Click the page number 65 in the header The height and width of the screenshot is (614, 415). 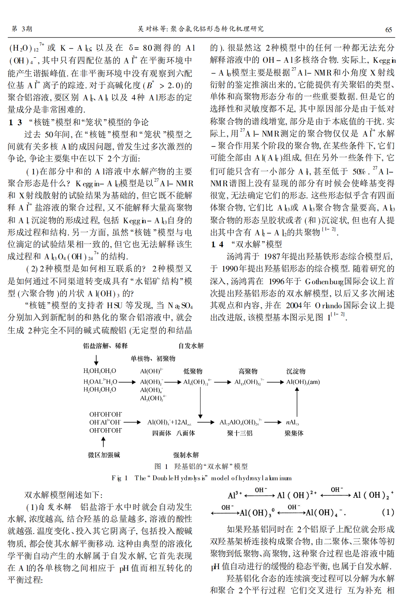tap(388, 29)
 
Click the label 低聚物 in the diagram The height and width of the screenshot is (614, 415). tap(193, 371)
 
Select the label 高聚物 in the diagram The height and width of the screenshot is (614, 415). tap(248, 371)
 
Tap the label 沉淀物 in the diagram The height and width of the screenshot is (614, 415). tap(295, 371)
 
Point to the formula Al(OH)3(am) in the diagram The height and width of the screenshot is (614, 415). tap(303, 382)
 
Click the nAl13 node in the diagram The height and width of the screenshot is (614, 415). tap(292, 422)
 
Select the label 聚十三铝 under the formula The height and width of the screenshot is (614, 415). tap(239, 433)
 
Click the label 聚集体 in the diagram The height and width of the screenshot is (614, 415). tap(294, 433)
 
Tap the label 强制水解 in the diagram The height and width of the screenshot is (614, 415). tap(186, 455)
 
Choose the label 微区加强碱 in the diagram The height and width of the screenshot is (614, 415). tap(104, 455)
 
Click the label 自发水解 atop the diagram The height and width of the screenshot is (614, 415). tap(191, 346)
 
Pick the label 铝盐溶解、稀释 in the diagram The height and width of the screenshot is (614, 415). tap(105, 346)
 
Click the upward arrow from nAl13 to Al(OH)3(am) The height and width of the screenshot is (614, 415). tap(297, 401)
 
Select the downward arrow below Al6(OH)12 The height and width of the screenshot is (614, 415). tap(200, 402)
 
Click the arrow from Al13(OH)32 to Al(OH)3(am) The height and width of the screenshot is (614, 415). tap(275, 382)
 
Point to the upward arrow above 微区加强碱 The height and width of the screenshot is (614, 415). tap(103, 441)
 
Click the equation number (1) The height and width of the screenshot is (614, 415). tap(388, 512)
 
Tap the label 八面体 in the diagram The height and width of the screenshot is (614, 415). tap(186, 433)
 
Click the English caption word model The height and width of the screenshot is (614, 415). tap(220, 478)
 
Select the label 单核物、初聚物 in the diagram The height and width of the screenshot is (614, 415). tap(153, 358)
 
